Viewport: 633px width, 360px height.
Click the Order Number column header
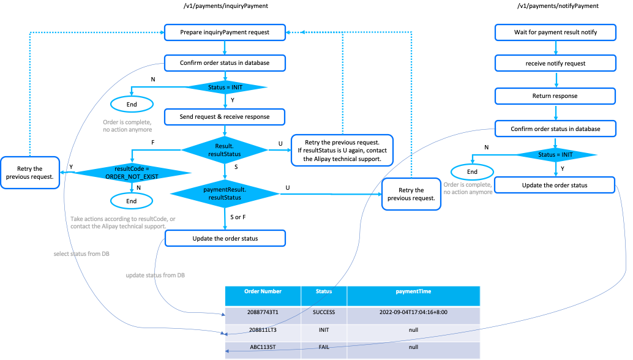click(x=263, y=291)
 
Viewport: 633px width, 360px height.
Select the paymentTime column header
click(x=413, y=291)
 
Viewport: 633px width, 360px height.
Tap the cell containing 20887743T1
click(x=263, y=312)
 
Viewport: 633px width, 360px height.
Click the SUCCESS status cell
click(x=324, y=312)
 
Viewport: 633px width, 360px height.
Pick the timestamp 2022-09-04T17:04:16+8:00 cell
click(x=413, y=312)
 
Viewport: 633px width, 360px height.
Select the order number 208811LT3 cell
click(x=263, y=329)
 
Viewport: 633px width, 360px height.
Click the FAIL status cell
click(x=324, y=347)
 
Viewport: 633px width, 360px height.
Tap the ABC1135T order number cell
click(x=263, y=347)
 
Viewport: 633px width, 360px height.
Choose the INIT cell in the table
click(x=324, y=329)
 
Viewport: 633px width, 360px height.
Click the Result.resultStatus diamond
click(x=225, y=150)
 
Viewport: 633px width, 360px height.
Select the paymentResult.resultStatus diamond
click(x=225, y=194)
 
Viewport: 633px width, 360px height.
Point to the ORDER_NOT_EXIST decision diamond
click(x=132, y=172)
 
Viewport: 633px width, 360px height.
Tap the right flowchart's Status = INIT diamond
click(x=555, y=155)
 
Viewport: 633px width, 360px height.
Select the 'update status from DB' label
click(x=155, y=276)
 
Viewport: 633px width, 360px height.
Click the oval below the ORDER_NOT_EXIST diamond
click(x=132, y=200)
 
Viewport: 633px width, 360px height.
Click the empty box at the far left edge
click(x=30, y=172)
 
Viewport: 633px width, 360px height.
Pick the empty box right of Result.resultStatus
click(x=342, y=150)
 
